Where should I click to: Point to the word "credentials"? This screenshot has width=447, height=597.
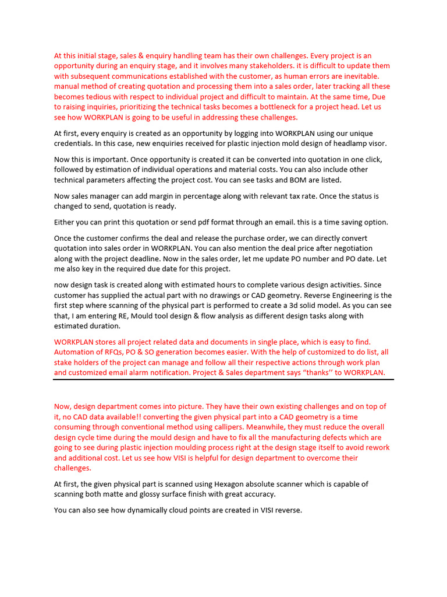76,143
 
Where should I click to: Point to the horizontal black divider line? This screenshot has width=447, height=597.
223,380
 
